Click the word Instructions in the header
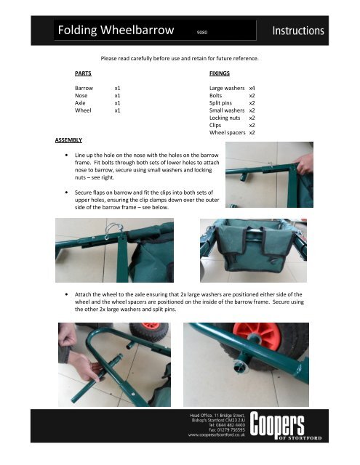click(x=308, y=31)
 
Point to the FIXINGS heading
click(x=220, y=74)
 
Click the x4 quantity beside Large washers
click(x=252, y=87)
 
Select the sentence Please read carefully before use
click(x=180, y=57)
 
